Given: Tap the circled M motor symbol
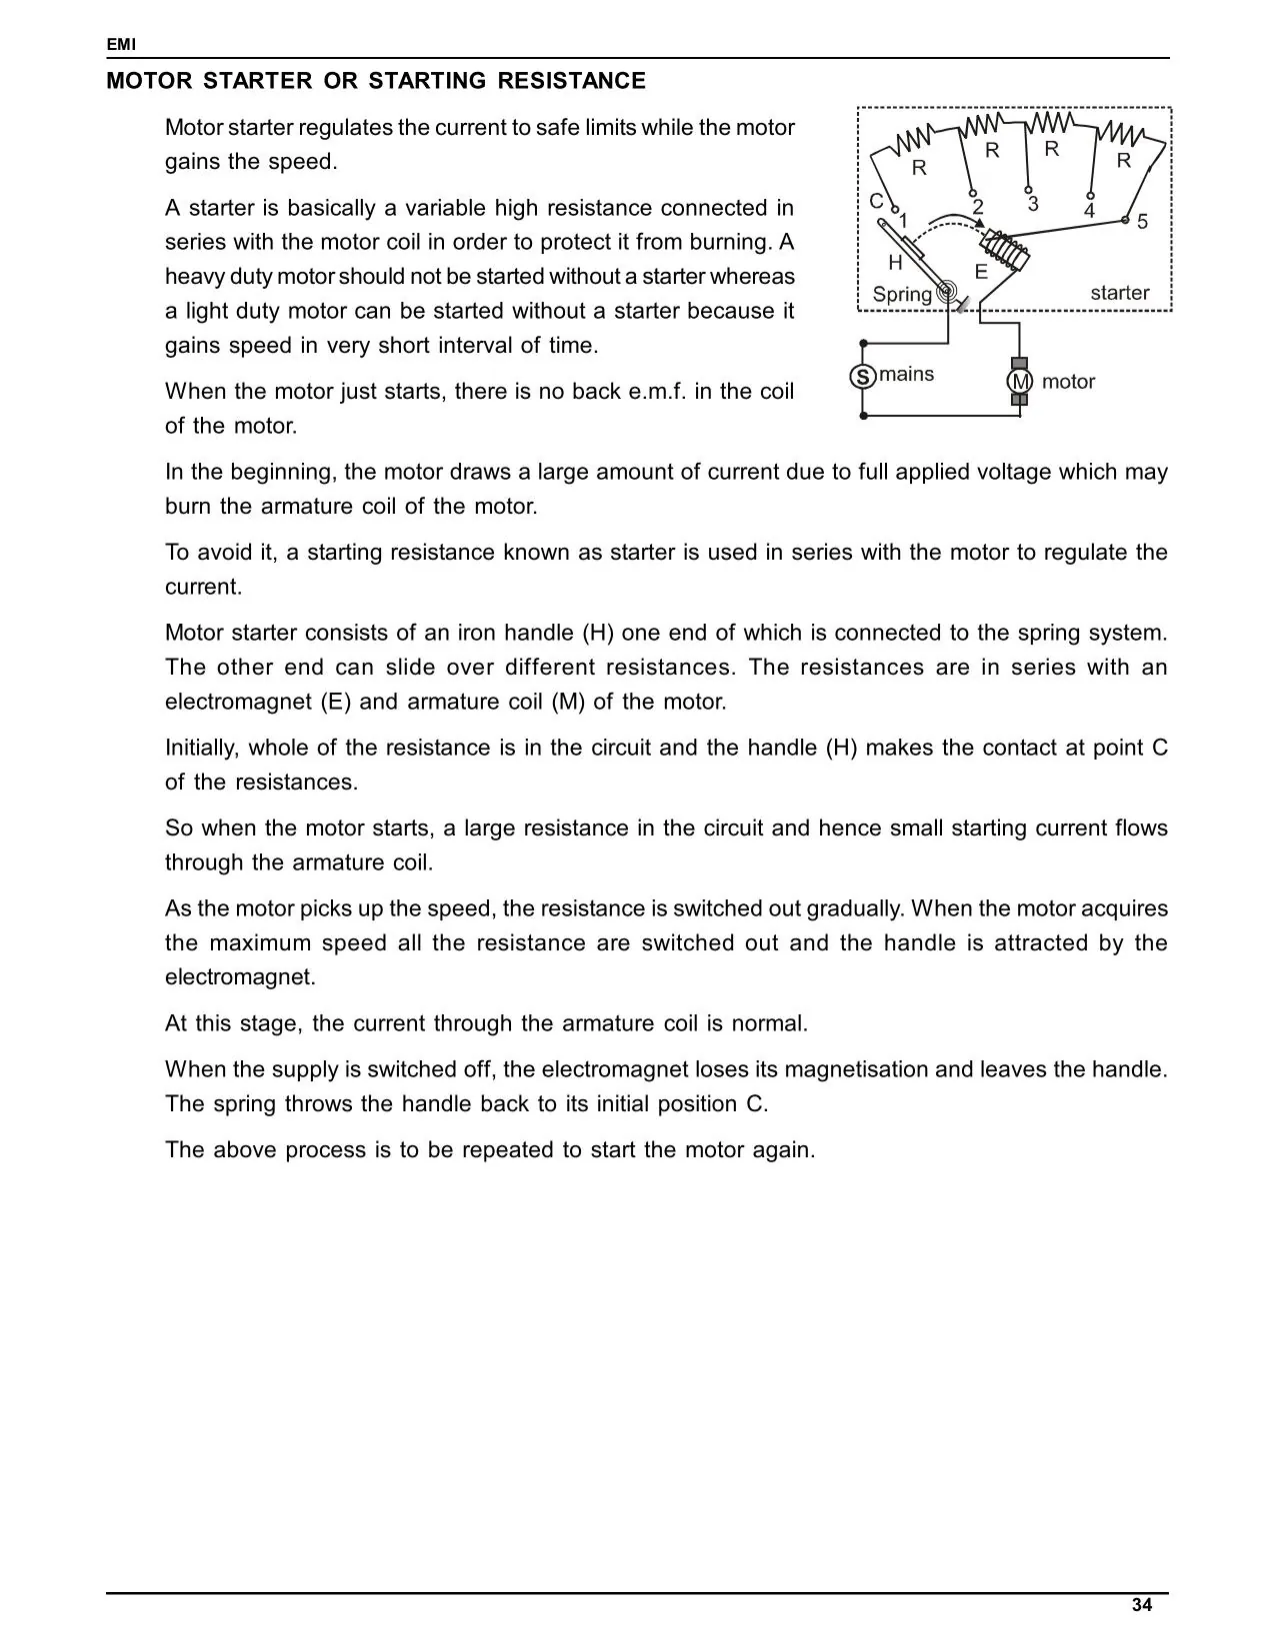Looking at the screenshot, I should click(x=1019, y=382).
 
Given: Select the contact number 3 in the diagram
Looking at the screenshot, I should click(x=1033, y=204).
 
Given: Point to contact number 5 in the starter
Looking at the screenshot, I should click(x=1142, y=222).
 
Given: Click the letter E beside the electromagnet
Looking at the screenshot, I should click(x=981, y=272).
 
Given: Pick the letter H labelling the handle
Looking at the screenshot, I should click(x=895, y=263).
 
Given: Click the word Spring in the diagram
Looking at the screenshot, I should click(x=902, y=295).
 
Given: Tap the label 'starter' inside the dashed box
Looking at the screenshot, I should click(x=1119, y=293).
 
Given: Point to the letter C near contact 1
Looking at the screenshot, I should click(x=876, y=201).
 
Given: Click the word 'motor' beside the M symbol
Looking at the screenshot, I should click(x=1068, y=382).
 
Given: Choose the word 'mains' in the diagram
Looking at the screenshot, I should click(x=907, y=374).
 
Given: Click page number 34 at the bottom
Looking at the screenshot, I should click(x=1142, y=1605).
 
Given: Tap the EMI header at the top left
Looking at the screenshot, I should click(x=121, y=45).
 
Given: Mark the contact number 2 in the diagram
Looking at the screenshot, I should click(x=978, y=207).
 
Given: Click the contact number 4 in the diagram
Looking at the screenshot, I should click(x=1089, y=212).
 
